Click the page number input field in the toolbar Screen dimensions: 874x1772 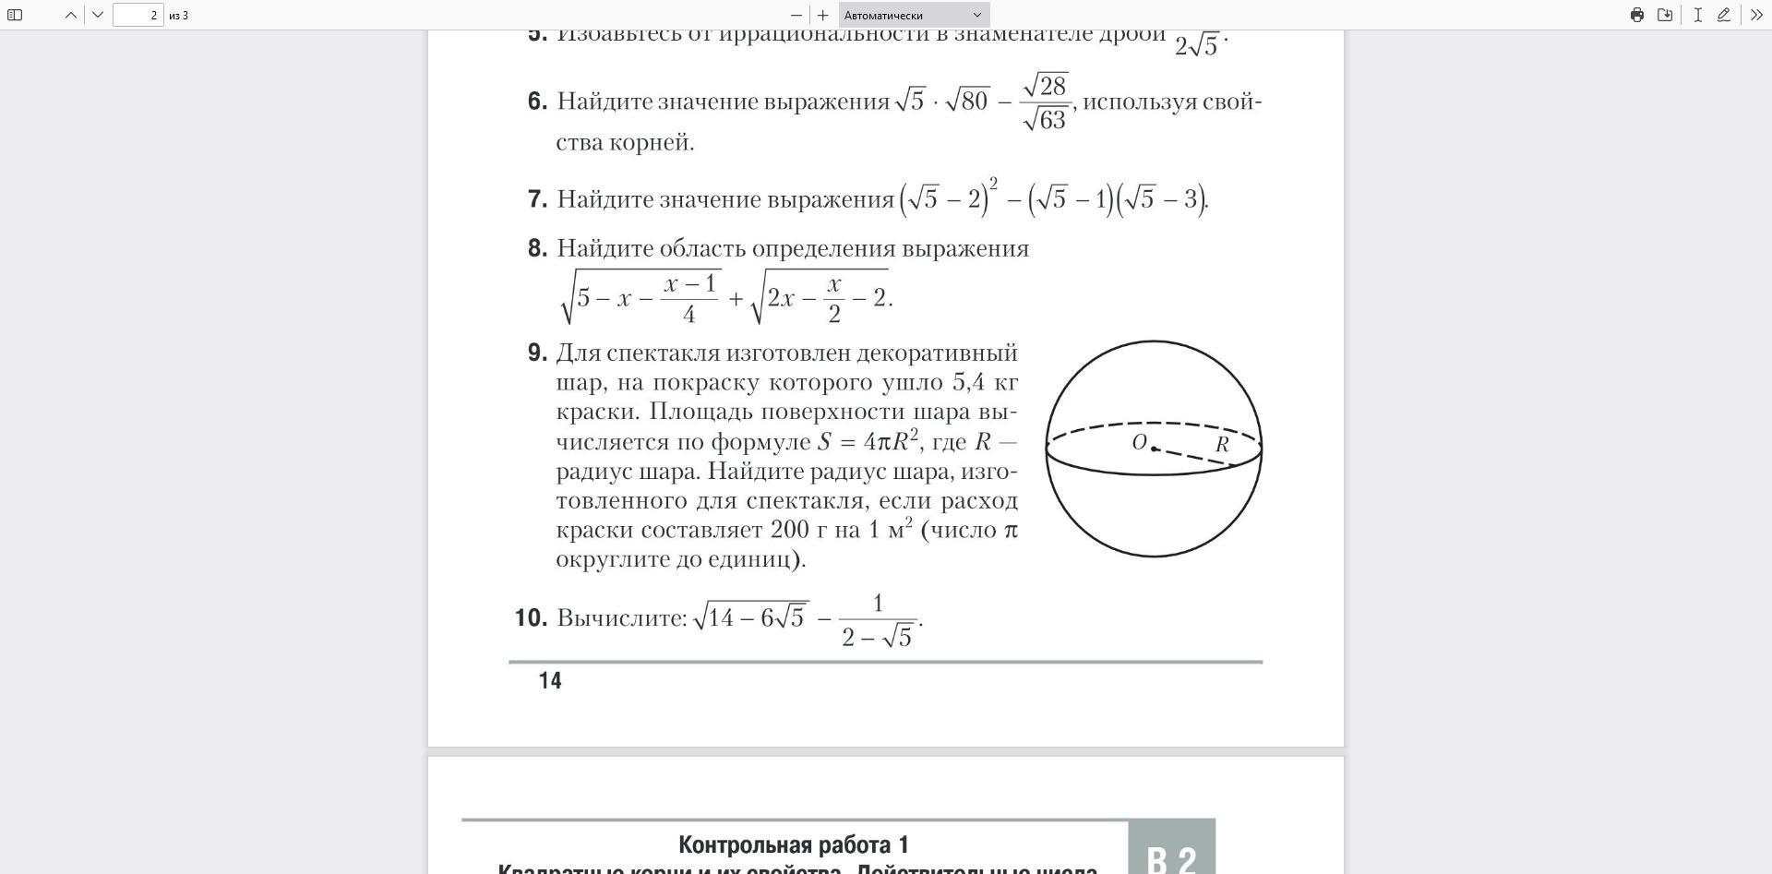tap(138, 15)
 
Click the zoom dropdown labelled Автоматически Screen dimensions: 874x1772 tap(914, 15)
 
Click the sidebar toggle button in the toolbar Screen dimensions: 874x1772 tap(15, 15)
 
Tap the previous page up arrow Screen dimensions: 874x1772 tap(70, 15)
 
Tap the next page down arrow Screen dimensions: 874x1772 tap(98, 15)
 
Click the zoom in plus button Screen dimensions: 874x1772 tap(823, 15)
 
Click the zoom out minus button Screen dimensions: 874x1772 tap(796, 15)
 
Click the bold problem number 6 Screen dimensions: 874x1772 tap(537, 102)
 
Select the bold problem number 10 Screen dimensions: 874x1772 tap(531, 617)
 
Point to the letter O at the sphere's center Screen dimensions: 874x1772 tap(1139, 442)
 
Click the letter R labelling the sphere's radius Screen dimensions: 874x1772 tap(1222, 444)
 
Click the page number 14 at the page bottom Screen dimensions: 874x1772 tap(550, 681)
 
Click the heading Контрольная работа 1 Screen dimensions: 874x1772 tap(794, 844)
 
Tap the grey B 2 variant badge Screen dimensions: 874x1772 tap(1171, 855)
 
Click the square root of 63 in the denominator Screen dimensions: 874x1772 tap(1047, 120)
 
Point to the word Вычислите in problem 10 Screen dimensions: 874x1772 tap(621, 617)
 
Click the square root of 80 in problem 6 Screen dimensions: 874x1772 tap(967, 101)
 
